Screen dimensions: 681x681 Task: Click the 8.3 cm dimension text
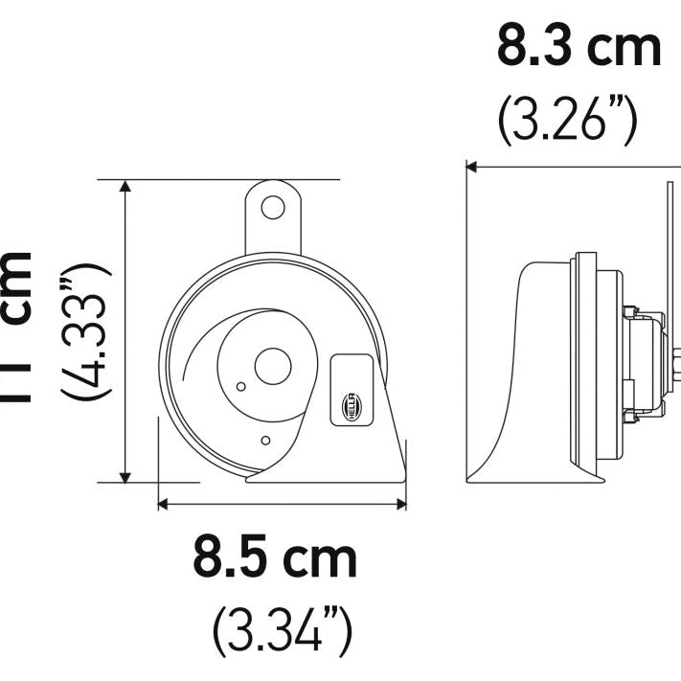579,48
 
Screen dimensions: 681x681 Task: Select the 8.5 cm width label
276,557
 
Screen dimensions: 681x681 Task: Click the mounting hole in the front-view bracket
275,206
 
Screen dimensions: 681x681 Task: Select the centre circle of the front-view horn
273,364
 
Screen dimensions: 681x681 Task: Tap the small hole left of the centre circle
240,386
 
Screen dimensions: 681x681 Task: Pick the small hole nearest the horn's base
265,441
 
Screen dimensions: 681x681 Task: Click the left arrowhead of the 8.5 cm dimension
164,502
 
